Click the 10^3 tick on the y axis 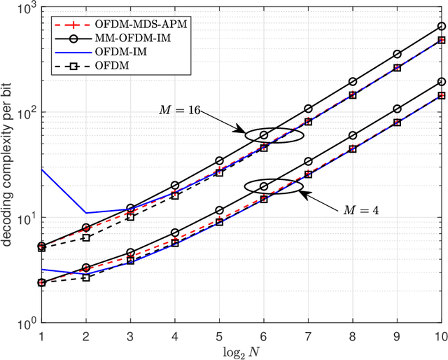26,8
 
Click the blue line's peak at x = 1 41,169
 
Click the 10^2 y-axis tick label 26,113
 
